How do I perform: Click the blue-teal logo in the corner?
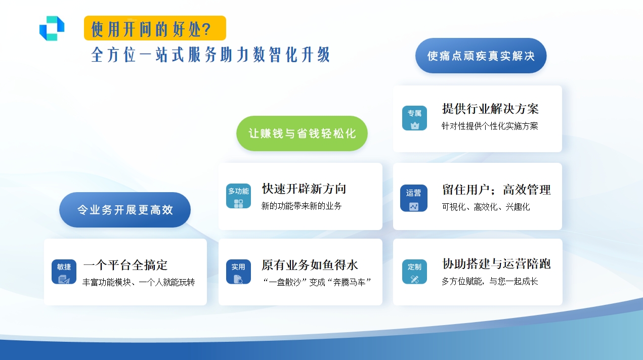click(52, 28)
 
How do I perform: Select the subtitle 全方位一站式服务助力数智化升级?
click(210, 55)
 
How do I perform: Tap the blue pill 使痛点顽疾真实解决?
click(481, 56)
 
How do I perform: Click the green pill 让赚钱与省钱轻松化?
click(302, 133)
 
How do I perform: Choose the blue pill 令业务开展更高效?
click(125, 210)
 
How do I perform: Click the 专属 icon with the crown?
click(414, 118)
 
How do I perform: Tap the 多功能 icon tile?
click(238, 196)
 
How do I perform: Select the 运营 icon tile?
click(413, 198)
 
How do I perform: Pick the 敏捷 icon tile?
click(64, 272)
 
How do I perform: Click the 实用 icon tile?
click(238, 272)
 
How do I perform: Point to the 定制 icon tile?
click(414, 272)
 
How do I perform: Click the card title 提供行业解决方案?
click(490, 109)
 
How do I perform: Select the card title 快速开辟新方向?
click(304, 189)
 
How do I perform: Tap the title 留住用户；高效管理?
click(496, 190)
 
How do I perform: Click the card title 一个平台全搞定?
click(125, 265)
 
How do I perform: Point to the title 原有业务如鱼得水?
click(310, 265)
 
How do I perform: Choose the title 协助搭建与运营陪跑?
click(496, 264)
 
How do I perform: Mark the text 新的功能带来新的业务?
click(302, 206)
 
